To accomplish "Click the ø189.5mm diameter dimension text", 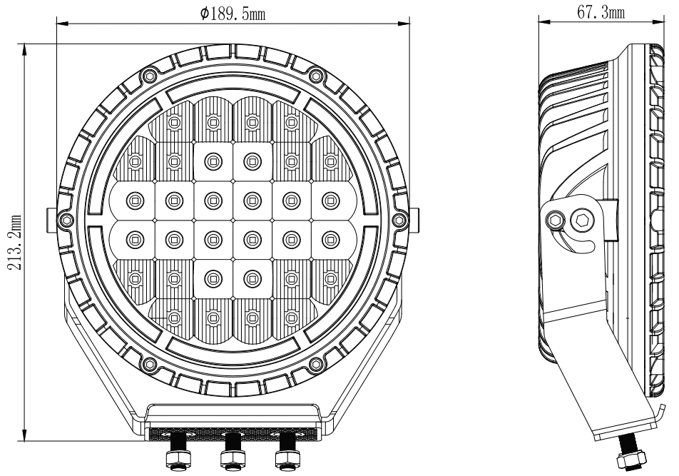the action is coord(233,14).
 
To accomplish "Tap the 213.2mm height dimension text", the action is coord(16,242).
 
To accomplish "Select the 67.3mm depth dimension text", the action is coord(601,12).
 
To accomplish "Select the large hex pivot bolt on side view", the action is coord(581,221).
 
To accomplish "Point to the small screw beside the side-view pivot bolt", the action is coord(556,220).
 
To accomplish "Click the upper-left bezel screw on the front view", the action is coord(149,75).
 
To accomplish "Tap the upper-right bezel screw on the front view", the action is coord(316,75).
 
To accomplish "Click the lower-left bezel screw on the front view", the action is coord(149,363).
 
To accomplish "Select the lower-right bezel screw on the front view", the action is coord(316,363).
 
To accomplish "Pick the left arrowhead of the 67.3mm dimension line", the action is coord(544,21).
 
